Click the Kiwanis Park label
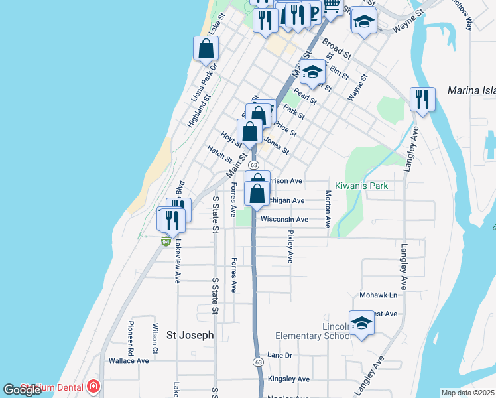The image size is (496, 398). [x=361, y=186]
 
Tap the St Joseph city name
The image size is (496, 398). [x=190, y=336]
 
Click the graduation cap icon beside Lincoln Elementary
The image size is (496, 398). [x=361, y=323]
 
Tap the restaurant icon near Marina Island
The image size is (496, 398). [x=422, y=99]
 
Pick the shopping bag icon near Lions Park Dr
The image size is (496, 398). [x=206, y=48]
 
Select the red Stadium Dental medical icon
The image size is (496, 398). [x=93, y=386]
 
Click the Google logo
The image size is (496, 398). [x=22, y=390]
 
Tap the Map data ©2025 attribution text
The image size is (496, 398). [x=467, y=393]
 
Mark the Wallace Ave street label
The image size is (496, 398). [x=129, y=361]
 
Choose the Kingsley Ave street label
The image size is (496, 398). [x=288, y=379]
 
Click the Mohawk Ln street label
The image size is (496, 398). [x=378, y=295]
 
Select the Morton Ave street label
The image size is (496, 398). [x=328, y=209]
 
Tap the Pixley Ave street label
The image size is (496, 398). [x=290, y=247]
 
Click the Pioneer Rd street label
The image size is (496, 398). [x=131, y=338]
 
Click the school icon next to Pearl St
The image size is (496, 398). [x=312, y=72]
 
